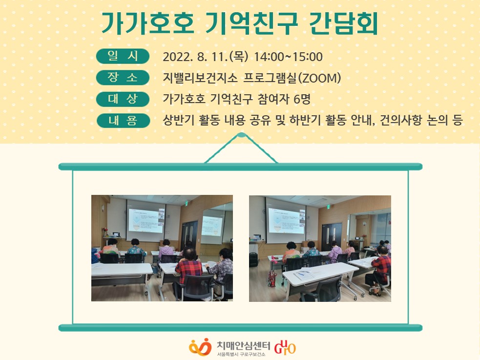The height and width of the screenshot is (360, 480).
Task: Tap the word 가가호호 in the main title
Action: pos(148,23)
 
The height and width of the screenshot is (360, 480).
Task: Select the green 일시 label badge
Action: pos(123,56)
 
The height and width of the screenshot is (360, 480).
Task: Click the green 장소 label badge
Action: pos(123,78)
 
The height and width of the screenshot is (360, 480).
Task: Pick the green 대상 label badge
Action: pos(123,99)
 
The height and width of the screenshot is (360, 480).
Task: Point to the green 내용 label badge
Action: pos(123,121)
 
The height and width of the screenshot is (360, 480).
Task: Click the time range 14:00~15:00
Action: pos(288,57)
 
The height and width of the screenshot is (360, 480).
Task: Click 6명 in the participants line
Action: pos(302,99)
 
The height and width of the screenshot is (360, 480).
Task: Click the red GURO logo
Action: pos(285,347)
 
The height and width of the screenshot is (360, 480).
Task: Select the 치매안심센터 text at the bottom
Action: pos(243,345)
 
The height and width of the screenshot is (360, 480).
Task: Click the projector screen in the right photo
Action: pos(286,220)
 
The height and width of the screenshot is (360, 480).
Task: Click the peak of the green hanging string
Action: pos(241,135)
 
